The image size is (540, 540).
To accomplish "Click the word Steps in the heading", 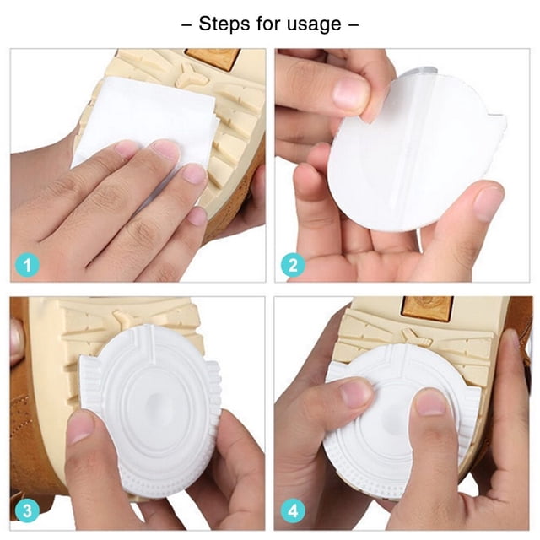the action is click(224, 24).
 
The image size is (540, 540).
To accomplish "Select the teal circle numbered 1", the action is click(27, 265).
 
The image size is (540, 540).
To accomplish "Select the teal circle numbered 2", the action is click(293, 265).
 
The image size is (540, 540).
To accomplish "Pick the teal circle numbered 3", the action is click(27, 510).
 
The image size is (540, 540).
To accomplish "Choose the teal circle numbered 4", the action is click(293, 510).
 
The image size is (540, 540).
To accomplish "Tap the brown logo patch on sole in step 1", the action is click(213, 57).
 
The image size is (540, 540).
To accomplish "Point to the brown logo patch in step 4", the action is click(427, 306).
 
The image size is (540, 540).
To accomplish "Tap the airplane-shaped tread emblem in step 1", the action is click(192, 78).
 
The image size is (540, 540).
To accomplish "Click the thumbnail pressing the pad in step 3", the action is click(81, 427).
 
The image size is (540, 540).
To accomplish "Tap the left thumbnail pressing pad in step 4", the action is click(357, 392).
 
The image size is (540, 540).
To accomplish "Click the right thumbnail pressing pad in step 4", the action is click(431, 402).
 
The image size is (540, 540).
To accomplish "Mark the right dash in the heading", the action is click(354, 24).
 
